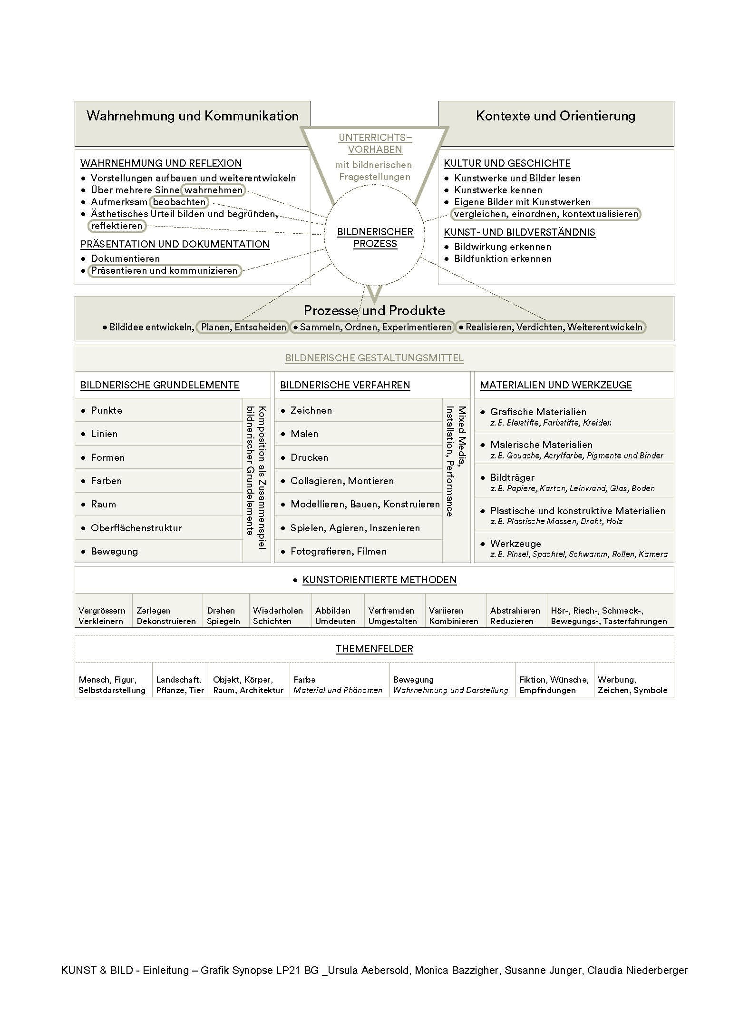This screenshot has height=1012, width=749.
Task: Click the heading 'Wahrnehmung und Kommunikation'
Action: click(193, 116)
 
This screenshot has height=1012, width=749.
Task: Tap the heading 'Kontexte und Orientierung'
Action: click(555, 116)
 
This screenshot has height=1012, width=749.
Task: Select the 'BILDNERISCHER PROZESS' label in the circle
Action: click(375, 238)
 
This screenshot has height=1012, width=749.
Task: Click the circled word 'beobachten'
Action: click(179, 202)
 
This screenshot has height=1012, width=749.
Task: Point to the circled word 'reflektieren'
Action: click(117, 226)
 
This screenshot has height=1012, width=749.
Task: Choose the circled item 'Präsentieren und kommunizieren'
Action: click(164, 270)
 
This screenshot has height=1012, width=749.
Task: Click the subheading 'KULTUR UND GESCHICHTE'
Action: click(507, 163)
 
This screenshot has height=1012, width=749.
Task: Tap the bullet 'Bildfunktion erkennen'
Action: click(503, 258)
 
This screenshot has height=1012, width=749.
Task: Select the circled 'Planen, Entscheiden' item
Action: click(243, 327)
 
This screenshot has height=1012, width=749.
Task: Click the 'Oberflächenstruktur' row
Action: click(136, 528)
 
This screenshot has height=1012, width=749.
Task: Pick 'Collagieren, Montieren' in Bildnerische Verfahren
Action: click(342, 481)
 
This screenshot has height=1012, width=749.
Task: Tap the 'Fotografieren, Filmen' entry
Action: click(338, 551)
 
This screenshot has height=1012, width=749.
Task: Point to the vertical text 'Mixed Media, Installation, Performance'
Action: click(456, 461)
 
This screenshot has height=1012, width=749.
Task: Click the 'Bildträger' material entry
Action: click(512, 477)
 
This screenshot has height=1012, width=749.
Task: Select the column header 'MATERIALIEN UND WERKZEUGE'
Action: click(555, 385)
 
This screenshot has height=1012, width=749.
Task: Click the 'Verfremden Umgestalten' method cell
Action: click(392, 616)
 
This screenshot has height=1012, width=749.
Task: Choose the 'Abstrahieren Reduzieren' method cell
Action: click(515, 616)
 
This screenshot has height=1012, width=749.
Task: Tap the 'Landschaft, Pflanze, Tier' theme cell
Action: click(180, 685)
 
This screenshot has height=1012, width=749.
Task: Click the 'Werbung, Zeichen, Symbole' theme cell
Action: click(632, 685)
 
